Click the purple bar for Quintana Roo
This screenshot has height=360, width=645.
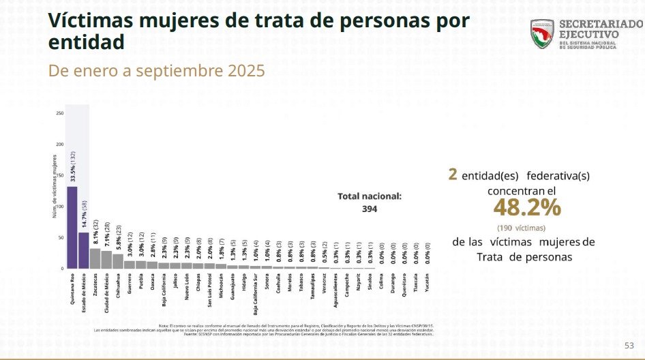72,228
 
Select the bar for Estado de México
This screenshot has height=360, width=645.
83,251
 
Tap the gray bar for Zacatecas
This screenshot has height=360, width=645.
95,259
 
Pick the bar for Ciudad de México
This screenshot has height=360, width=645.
106,260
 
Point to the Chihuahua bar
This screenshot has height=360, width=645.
118,262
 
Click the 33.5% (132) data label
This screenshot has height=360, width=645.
72,164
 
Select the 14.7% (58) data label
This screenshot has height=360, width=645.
83,213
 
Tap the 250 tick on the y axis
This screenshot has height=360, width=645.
60,113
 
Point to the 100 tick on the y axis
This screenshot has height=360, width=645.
60,207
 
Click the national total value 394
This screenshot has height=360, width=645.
370,209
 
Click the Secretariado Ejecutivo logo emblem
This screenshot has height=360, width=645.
543,33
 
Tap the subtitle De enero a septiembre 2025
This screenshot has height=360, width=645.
156,71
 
